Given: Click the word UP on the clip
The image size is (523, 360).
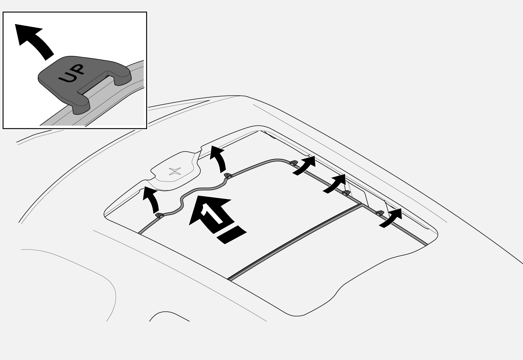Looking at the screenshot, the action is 71,73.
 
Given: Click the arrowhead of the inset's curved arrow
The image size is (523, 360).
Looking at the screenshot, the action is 27,34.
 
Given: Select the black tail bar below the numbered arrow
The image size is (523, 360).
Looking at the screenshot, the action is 231,235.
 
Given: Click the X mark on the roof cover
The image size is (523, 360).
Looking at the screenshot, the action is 175,171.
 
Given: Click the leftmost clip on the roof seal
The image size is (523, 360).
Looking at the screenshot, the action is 158,215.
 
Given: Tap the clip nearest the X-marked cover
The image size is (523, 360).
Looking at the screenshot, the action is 228,175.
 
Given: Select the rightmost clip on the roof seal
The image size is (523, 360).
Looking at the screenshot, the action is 380,213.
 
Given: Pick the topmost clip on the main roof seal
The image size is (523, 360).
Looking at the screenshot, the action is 294,162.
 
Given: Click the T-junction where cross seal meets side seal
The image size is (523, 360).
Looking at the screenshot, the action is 361,204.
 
